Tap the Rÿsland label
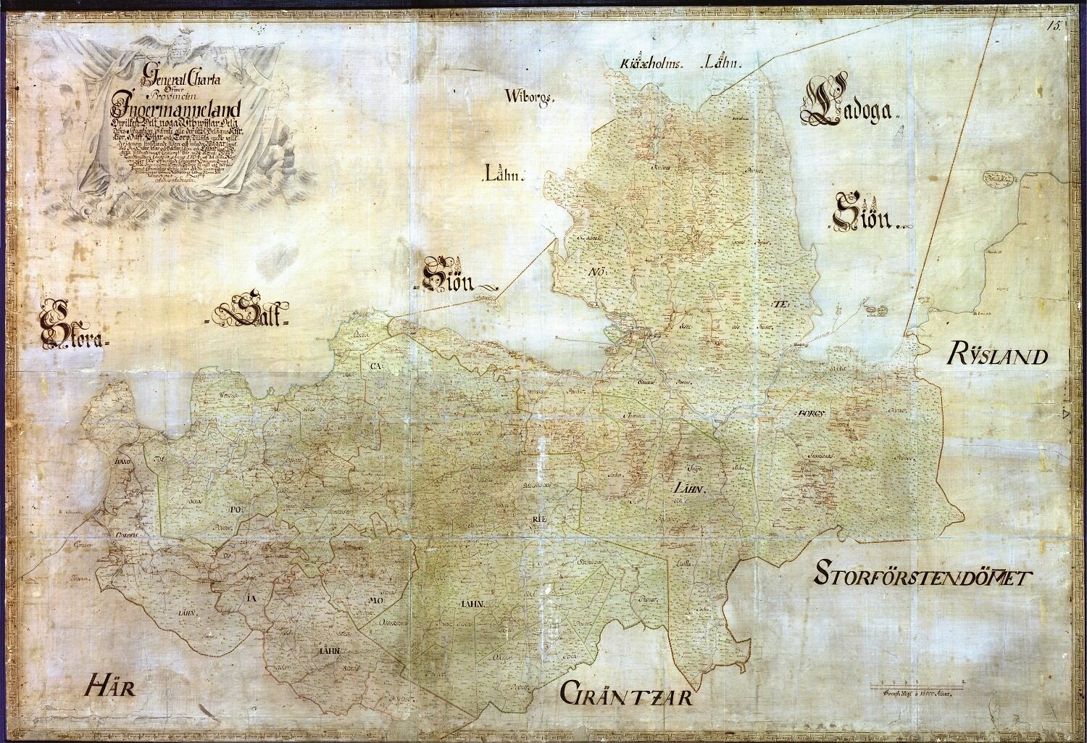tap(997, 357)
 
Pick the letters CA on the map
tap(375, 366)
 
